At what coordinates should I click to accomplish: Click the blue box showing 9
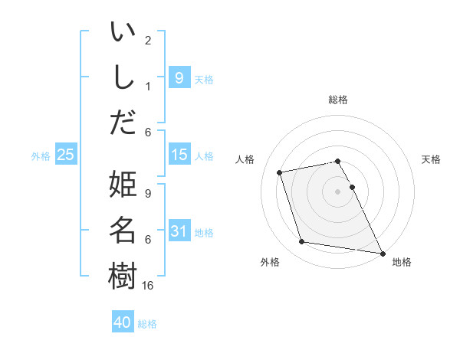point(179,77)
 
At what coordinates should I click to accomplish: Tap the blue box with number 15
point(179,155)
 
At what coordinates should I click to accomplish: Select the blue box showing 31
point(179,231)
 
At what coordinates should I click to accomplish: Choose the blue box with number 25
point(66,155)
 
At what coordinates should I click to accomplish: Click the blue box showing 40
point(123,322)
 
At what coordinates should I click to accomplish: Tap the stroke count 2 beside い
point(148,40)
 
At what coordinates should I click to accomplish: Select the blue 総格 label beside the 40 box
point(147,324)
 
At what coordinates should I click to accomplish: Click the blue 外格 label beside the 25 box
point(41,156)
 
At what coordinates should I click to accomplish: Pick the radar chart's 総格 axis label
point(338,100)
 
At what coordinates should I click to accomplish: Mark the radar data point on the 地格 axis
point(382,253)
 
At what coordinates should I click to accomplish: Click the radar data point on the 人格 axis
point(280,172)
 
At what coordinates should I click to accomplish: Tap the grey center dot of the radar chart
point(338,191)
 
